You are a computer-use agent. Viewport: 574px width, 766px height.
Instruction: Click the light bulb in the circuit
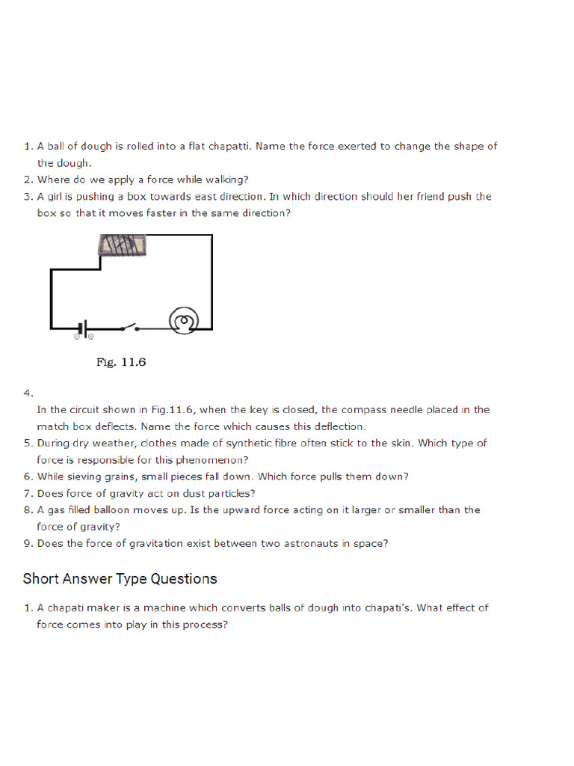click(184, 322)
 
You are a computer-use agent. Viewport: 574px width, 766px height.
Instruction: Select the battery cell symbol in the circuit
click(84, 328)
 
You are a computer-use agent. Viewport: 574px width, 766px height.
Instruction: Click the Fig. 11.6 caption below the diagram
click(121, 363)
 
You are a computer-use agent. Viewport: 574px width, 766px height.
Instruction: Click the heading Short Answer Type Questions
click(120, 578)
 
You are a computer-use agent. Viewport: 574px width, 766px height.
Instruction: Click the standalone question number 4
click(28, 393)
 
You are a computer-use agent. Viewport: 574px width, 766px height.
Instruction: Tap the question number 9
click(28, 544)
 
